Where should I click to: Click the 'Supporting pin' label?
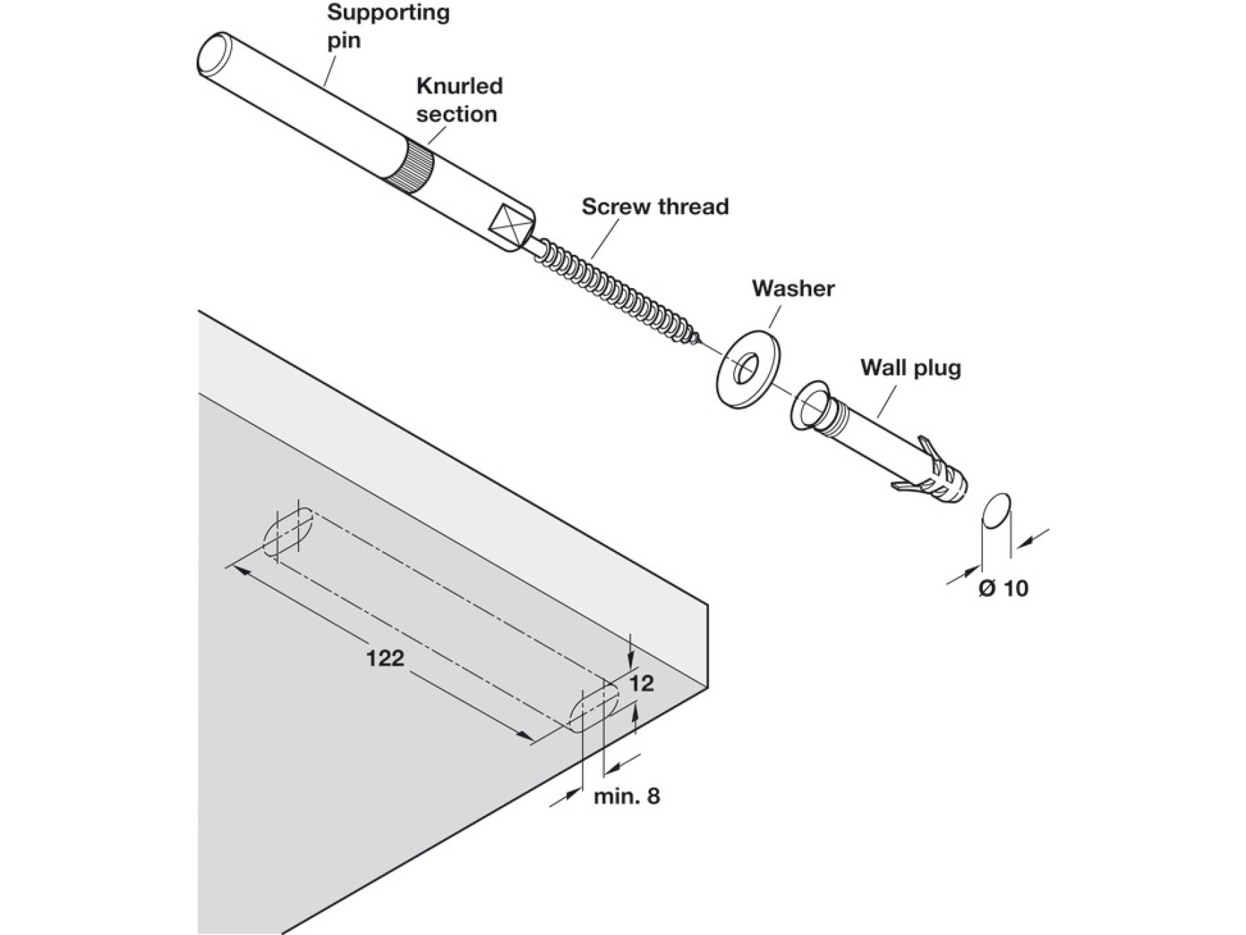click(x=388, y=26)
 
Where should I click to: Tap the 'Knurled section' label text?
click(x=459, y=100)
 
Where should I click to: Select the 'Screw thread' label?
click(x=655, y=206)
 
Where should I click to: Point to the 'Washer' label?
click(x=793, y=288)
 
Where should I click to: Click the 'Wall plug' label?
click(x=911, y=367)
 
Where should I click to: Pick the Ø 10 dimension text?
click(x=1003, y=589)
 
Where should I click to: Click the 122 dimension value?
click(x=385, y=657)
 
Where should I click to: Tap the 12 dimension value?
click(x=642, y=684)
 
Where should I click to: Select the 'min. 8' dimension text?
click(x=626, y=796)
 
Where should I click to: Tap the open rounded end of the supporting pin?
click(x=213, y=53)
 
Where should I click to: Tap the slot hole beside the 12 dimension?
click(x=593, y=710)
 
